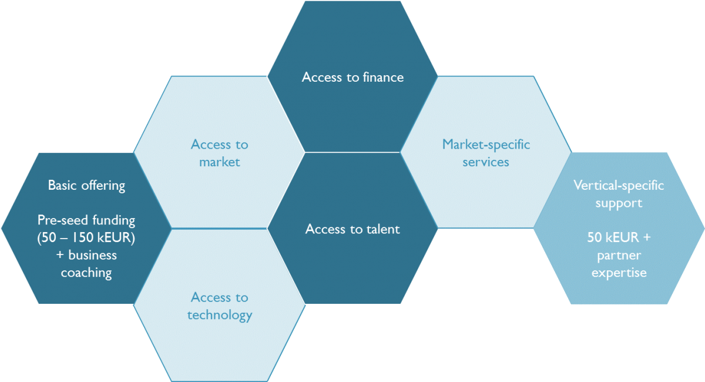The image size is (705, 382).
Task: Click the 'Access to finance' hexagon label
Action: coord(352,77)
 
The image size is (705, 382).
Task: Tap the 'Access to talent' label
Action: coord(352,229)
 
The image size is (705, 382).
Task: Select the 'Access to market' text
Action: coord(219,153)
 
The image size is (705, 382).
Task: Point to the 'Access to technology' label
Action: coord(219,306)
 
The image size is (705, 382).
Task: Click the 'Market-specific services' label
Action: coord(486,153)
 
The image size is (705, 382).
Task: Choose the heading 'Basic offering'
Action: coord(86,186)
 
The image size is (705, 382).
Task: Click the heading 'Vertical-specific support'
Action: coord(619,194)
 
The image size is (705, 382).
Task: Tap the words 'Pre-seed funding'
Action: coord(86,220)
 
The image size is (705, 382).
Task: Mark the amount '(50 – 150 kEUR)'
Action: coord(86,238)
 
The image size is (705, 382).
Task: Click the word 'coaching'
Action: coord(86,273)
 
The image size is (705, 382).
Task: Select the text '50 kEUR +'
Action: coord(619,238)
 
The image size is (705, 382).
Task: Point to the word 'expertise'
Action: coord(619,273)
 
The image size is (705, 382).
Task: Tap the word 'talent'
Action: coord(381,229)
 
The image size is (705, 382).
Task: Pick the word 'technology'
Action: coord(219,316)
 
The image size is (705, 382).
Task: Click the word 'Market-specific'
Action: coord(486,144)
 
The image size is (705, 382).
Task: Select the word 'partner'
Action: coord(619,256)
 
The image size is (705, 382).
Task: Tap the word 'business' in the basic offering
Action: coord(92,256)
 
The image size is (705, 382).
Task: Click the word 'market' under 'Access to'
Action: coord(219,162)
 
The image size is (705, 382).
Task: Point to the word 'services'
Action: coord(486,162)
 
